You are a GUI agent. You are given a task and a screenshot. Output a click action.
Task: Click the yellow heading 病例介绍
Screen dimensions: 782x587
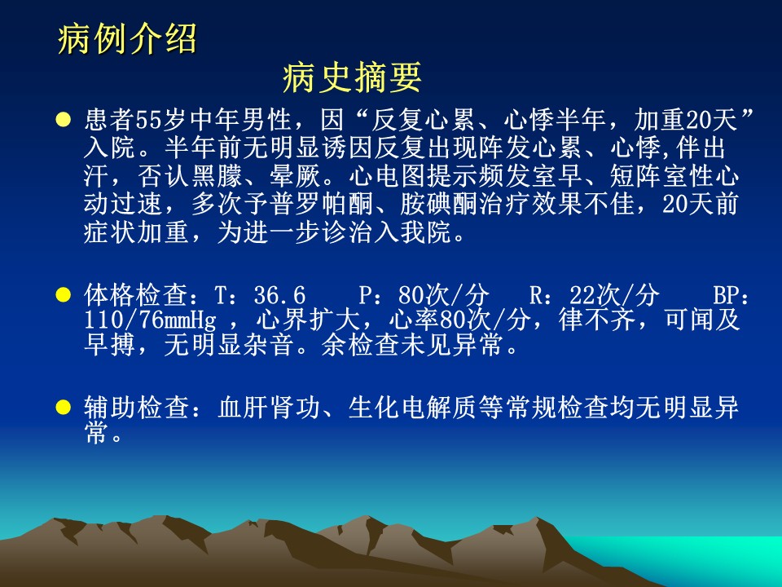tap(127, 38)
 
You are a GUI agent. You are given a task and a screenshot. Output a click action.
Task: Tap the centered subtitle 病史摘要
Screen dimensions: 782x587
tap(352, 78)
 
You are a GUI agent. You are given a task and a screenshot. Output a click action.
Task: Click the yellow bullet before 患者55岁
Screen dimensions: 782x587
tap(64, 120)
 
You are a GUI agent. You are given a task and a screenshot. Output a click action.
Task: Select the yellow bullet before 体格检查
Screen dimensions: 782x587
tap(64, 294)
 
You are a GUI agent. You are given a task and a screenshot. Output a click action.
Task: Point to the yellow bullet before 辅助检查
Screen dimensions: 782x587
tap(64, 408)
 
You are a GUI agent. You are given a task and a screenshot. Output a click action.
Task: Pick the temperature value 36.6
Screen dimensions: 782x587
tap(279, 295)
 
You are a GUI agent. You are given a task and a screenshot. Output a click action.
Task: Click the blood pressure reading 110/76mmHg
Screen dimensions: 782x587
tap(150, 320)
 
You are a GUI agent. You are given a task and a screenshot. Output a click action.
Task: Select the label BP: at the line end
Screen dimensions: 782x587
tap(731, 295)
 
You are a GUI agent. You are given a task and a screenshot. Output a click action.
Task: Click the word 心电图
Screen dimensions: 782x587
tap(387, 176)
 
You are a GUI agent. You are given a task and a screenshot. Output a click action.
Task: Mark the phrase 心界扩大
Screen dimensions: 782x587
tap(308, 320)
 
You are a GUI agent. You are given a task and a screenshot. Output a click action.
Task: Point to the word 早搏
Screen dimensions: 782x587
tap(110, 346)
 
